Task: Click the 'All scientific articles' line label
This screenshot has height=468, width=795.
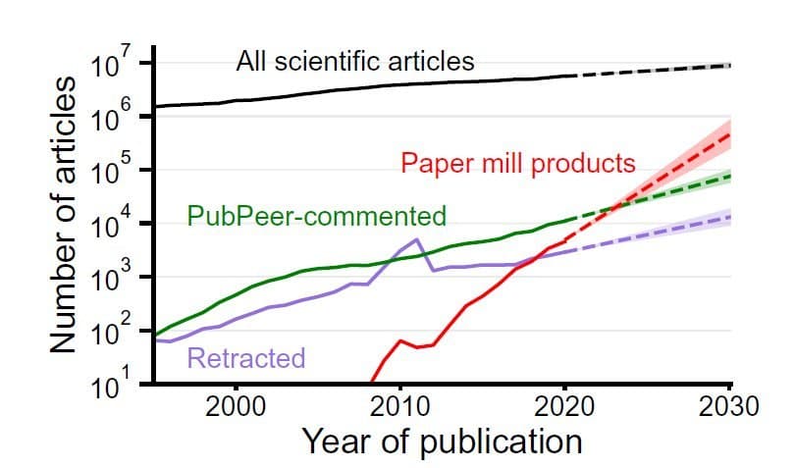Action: click(354, 62)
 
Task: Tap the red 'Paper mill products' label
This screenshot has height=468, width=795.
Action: click(518, 162)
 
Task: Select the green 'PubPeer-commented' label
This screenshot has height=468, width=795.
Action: click(316, 216)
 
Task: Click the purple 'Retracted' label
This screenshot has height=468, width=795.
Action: click(245, 358)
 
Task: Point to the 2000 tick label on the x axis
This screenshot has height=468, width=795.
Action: click(236, 405)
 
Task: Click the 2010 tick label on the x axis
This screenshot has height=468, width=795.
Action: click(400, 405)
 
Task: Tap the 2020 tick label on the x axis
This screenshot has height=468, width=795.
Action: click(565, 405)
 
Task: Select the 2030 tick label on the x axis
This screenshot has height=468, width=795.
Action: click(730, 405)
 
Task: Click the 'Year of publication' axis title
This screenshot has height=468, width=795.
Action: click(442, 441)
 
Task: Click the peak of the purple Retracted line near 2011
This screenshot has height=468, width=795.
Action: click(417, 238)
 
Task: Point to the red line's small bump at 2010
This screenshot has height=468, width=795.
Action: click(400, 340)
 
